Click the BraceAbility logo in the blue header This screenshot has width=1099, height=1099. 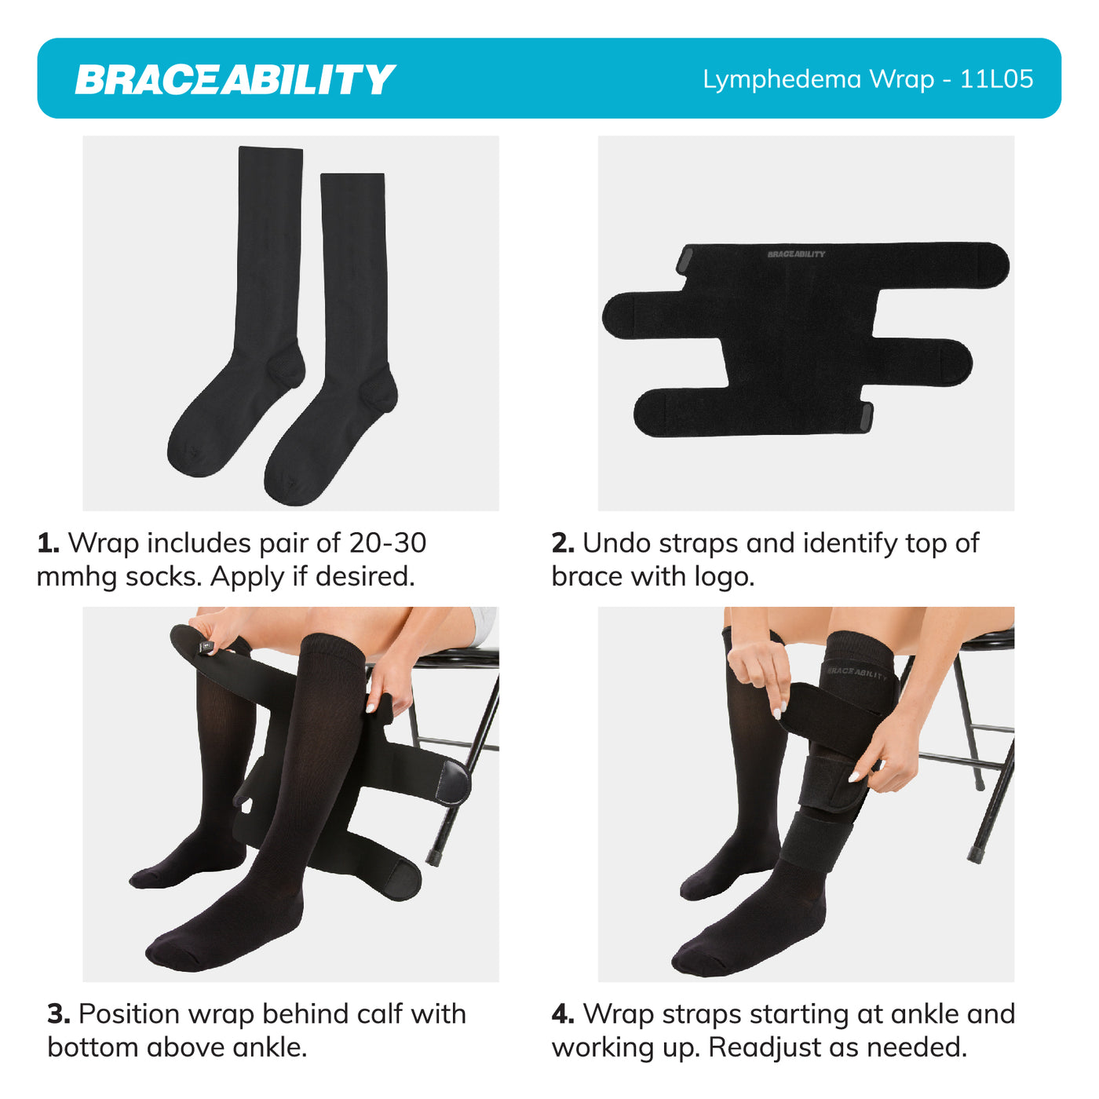(235, 79)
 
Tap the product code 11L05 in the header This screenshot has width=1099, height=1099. (996, 79)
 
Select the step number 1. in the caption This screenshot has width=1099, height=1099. (48, 543)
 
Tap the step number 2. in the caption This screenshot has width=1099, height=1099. (563, 543)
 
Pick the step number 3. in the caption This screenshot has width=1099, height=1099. (58, 1014)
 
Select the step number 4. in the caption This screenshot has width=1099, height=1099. (563, 1014)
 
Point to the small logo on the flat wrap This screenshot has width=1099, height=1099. (796, 254)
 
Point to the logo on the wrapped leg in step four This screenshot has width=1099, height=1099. (857, 673)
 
